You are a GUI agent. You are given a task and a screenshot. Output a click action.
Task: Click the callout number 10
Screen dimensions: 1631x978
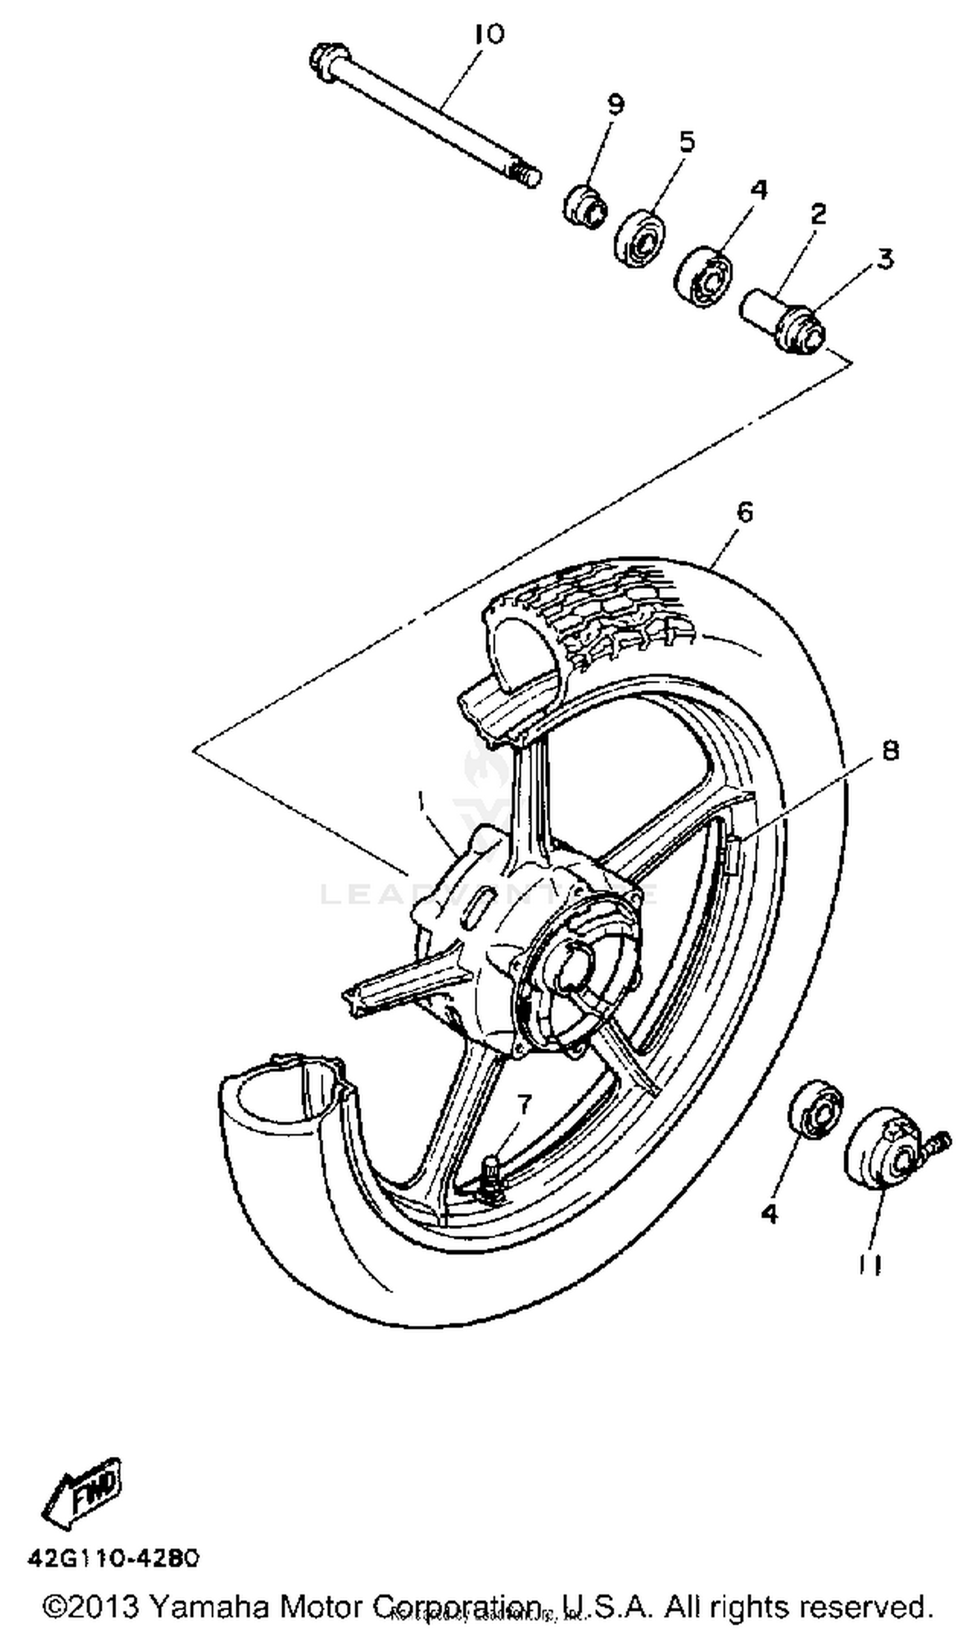coord(489,35)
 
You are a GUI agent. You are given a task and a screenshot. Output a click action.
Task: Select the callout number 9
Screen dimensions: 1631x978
coord(615,106)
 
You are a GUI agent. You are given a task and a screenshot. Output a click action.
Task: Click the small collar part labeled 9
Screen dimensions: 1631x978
coord(584,206)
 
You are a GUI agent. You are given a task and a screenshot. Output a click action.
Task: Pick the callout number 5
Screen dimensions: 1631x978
coord(687,141)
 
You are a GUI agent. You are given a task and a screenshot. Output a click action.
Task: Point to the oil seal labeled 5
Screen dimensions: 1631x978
coord(639,239)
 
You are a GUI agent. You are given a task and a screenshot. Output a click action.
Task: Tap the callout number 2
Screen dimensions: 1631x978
coord(818,213)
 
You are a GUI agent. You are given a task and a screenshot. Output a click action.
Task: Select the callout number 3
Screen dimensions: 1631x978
coord(884,258)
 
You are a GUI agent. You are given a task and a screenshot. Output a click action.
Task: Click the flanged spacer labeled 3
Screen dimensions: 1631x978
coord(801,329)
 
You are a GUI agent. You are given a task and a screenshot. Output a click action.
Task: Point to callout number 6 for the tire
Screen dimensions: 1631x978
coord(744,511)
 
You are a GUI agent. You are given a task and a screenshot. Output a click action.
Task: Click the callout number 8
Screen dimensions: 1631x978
coord(890,750)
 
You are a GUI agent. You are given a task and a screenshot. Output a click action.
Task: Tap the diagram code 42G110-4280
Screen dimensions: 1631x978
coord(113,1559)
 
